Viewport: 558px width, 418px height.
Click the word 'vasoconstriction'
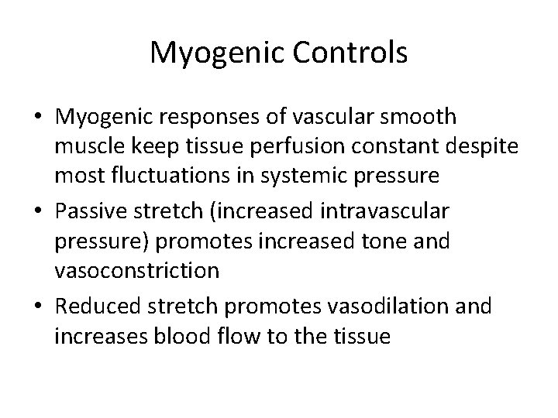click(x=138, y=270)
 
